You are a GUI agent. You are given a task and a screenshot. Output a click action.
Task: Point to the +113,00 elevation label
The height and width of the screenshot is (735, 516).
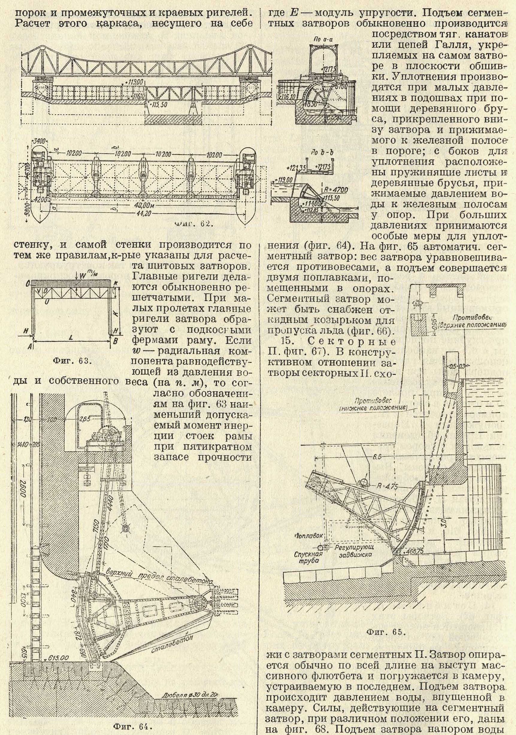[x=134, y=82]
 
